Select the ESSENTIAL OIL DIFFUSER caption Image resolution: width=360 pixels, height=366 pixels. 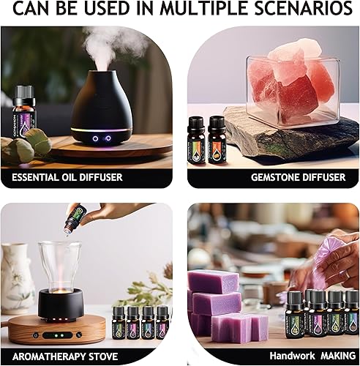pyautogui.click(x=67, y=177)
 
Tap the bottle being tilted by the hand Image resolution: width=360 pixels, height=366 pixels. pyautogui.click(x=73, y=218)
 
